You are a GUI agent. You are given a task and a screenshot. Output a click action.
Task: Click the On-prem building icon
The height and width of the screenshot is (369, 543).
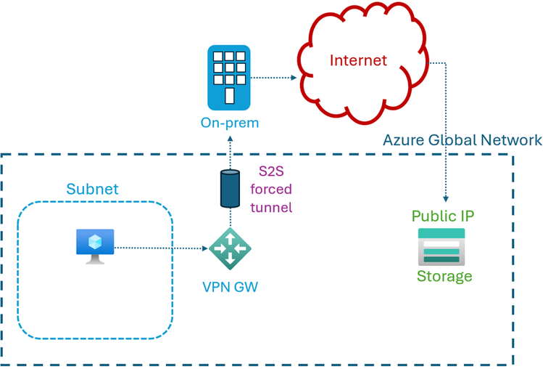pyautogui.click(x=229, y=76)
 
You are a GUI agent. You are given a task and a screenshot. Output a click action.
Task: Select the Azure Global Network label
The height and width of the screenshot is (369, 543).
pyautogui.click(x=462, y=140)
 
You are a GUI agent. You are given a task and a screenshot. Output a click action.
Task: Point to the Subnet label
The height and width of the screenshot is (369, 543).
pyautogui.click(x=92, y=189)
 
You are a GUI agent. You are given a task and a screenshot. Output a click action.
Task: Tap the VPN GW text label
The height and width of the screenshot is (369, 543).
pyautogui.click(x=229, y=286)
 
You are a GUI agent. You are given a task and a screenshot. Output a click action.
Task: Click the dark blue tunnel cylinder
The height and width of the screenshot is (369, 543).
pyautogui.click(x=229, y=188)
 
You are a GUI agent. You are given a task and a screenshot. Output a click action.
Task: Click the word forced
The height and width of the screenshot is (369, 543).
pyautogui.click(x=270, y=190)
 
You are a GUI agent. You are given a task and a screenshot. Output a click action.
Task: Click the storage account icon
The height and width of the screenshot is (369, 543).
pyautogui.click(x=441, y=247)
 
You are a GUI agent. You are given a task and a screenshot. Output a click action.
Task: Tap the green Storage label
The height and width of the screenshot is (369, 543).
pyautogui.click(x=444, y=276)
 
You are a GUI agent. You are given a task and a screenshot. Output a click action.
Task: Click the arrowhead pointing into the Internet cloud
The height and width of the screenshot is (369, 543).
pyautogui.click(x=293, y=77)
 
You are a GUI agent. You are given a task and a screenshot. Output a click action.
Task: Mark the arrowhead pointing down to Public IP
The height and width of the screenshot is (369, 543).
pyautogui.click(x=446, y=199)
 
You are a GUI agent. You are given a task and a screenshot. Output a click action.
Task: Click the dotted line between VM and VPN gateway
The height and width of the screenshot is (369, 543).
pyautogui.click(x=159, y=248)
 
